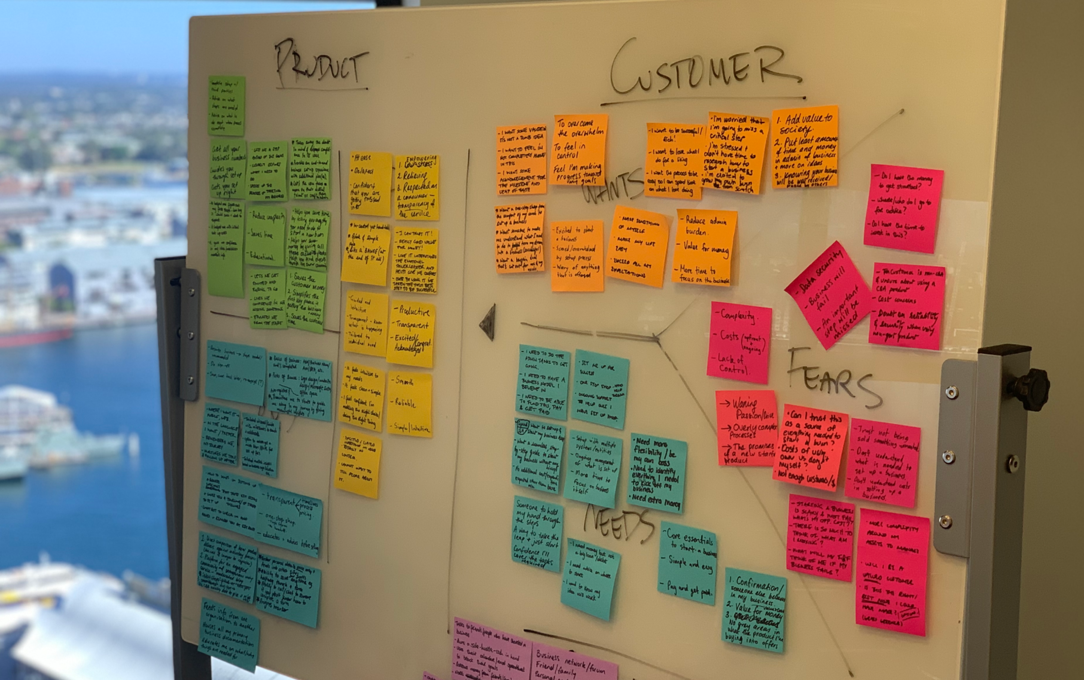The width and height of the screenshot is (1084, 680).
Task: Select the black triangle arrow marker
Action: point(488,322)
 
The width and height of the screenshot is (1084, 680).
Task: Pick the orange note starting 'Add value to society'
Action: point(805,147)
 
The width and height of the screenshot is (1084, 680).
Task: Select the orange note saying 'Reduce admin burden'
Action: point(704,248)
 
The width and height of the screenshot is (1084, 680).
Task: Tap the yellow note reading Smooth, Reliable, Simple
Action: point(409,404)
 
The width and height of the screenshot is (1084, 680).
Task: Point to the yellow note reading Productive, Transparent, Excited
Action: point(411,333)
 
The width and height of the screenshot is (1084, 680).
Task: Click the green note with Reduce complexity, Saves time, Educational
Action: point(265,235)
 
